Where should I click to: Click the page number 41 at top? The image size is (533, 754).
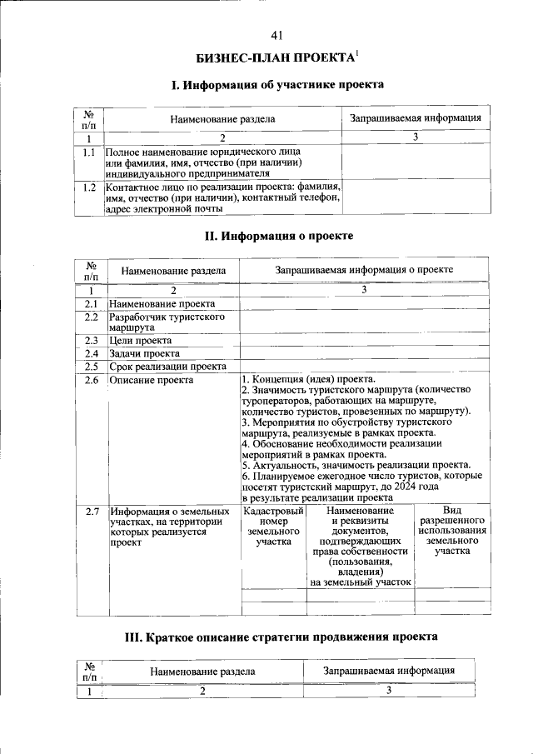(x=277, y=35)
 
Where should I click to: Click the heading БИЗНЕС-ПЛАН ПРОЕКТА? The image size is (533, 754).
(x=274, y=58)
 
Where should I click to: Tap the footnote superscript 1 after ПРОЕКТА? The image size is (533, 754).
(x=356, y=54)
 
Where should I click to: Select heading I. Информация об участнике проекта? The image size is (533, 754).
(x=277, y=85)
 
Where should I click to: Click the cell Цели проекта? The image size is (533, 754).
(x=141, y=341)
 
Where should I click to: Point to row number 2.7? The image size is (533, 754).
(x=92, y=511)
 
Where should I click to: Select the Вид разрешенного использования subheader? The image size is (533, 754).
(x=452, y=530)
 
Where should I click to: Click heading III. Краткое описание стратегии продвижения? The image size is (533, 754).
(x=280, y=637)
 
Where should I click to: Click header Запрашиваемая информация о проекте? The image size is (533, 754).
(x=364, y=271)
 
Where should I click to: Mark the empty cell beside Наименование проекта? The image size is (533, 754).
(x=364, y=304)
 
